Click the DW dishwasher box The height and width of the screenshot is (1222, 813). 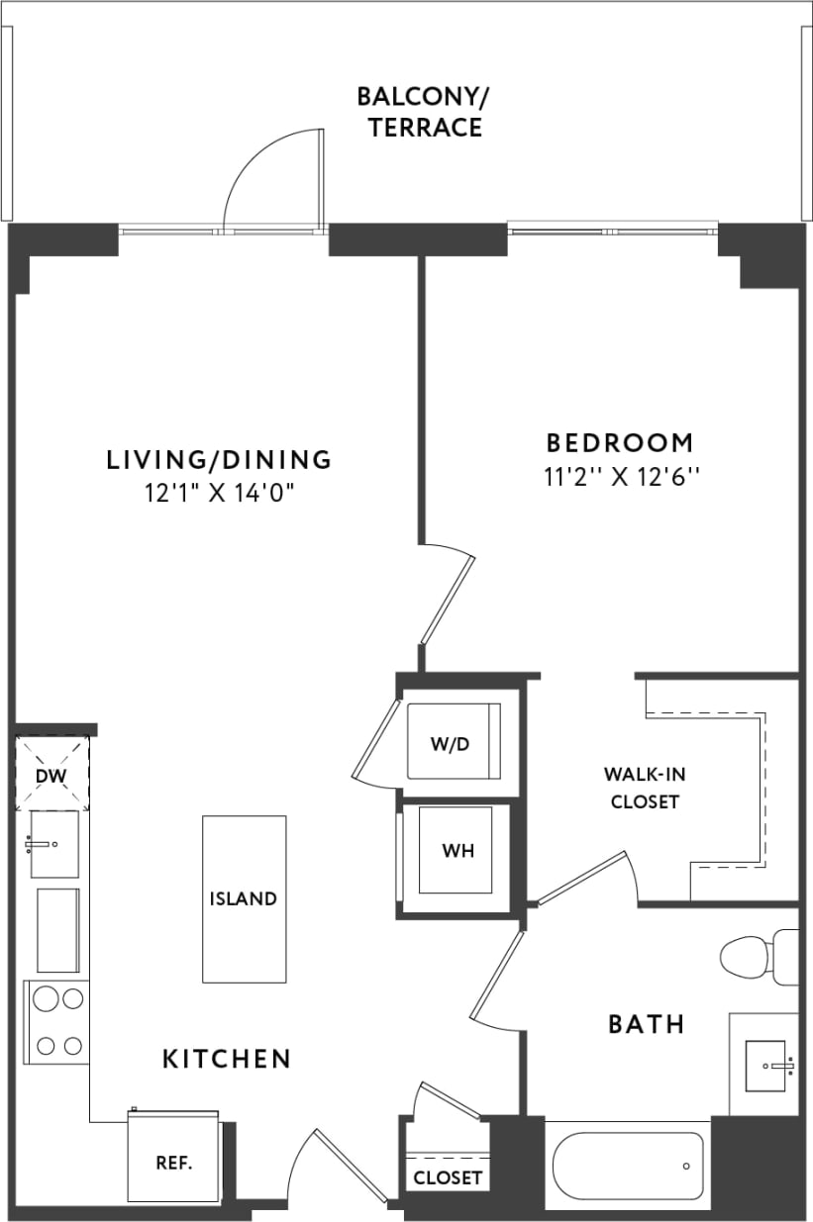click(x=51, y=774)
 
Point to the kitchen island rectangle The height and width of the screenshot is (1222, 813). click(x=244, y=898)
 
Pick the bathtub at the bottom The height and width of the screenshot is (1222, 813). click(x=628, y=1165)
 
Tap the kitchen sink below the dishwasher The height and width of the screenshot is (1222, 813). click(x=53, y=843)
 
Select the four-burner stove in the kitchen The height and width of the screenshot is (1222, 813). click(x=56, y=1022)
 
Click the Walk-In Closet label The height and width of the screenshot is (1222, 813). click(x=645, y=788)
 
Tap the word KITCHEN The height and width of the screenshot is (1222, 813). click(x=227, y=1059)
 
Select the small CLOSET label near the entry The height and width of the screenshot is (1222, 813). click(x=448, y=1177)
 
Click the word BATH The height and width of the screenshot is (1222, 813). click(x=646, y=1023)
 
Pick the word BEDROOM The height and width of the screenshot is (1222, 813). click(x=620, y=441)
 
